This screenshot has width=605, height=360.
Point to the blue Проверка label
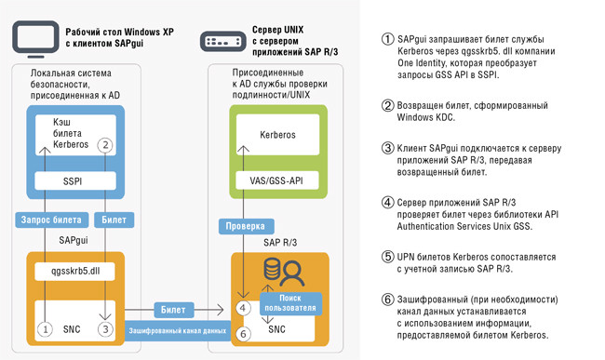click(245, 226)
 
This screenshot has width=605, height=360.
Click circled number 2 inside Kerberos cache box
click(106, 144)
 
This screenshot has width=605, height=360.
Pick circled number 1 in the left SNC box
click(43, 327)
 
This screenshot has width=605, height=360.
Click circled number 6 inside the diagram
click(243, 332)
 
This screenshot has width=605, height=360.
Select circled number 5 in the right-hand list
click(388, 256)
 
